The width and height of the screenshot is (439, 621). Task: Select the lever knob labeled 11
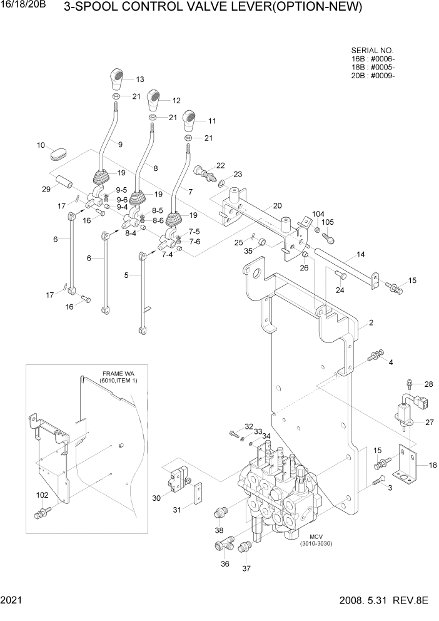pyautogui.click(x=190, y=120)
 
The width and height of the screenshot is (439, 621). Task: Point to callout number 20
pyautogui.click(x=277, y=206)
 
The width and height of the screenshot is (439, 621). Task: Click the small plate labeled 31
pyautogui.click(x=197, y=494)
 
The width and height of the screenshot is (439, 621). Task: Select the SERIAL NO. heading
pyautogui.click(x=374, y=51)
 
